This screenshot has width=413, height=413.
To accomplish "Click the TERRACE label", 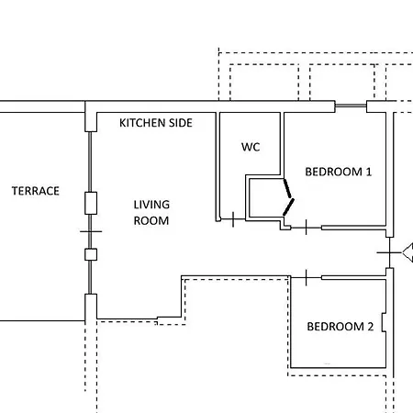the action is click(36, 191).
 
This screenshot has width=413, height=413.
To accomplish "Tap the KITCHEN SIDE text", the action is click(156, 123).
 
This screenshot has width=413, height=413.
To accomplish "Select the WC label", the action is click(251, 147).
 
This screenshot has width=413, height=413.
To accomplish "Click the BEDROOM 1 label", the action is click(339, 172).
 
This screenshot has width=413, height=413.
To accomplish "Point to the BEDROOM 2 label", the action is click(340, 327).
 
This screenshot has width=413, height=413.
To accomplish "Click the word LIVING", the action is click(151, 205).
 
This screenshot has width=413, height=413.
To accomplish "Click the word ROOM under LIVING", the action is click(151, 220).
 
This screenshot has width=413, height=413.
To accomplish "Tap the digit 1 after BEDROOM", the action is click(369, 172).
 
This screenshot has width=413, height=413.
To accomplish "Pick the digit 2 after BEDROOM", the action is click(371, 327).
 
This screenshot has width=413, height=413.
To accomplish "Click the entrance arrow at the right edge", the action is click(407, 252).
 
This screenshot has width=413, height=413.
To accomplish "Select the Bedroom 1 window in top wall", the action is click(351, 106).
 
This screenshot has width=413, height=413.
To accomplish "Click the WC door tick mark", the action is click(233, 219).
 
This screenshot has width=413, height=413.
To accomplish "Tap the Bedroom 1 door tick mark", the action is click(307, 228).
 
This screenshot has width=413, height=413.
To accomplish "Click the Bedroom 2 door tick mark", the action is click(307, 277).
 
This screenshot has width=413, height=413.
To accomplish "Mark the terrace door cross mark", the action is click(90, 231).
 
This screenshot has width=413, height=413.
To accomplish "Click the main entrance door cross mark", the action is click(389, 252).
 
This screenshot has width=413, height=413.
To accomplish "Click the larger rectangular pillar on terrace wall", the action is click(91, 203).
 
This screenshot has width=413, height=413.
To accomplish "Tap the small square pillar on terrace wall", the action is click(91, 254).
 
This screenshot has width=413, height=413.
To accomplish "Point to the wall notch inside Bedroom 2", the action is click(384, 322).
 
